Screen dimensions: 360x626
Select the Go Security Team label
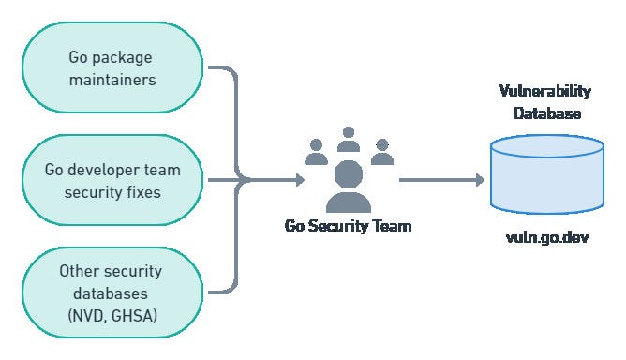click(x=348, y=226)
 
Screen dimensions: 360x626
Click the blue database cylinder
click(x=547, y=174)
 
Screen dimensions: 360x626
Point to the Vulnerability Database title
click(x=547, y=101)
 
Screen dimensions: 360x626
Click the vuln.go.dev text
click(x=547, y=237)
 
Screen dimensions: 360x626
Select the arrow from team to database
click(x=440, y=179)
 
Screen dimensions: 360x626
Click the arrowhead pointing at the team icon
click(x=297, y=179)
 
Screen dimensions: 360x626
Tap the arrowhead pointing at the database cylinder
click(x=479, y=179)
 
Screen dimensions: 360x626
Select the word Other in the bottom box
click(x=80, y=270)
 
